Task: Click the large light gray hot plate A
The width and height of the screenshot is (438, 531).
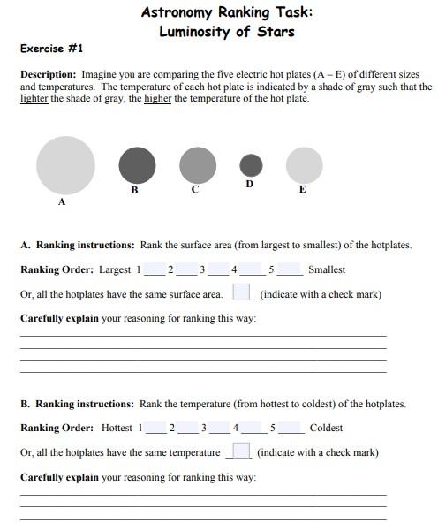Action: [65, 165]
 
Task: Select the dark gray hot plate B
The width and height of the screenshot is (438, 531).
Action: [137, 165]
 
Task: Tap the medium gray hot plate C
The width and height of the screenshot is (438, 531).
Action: [197, 164]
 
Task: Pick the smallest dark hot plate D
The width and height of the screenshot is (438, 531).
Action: [251, 164]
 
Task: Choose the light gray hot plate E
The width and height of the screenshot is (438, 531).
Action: [304, 165]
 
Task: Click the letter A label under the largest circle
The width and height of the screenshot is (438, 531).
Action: [62, 202]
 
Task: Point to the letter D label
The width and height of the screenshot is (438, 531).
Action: [250, 184]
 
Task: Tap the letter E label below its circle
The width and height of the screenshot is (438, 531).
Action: [303, 189]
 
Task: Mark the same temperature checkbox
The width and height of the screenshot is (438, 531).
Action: [238, 451]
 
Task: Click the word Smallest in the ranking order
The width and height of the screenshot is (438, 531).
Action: [327, 269]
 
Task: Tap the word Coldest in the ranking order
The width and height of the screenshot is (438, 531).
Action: [326, 428]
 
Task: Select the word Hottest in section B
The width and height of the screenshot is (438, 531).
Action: [117, 428]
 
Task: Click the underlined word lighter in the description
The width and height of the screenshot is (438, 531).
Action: [34, 99]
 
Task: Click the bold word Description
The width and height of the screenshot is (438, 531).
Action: [49, 76]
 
